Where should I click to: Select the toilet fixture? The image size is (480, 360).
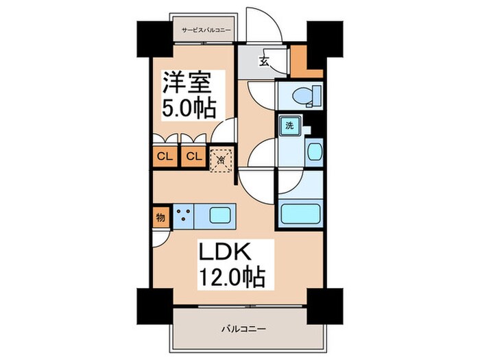point(302,96)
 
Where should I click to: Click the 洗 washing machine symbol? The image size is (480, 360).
point(289,126)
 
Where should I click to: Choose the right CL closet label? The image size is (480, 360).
point(193,156)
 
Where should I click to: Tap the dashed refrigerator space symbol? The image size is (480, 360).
point(221,160)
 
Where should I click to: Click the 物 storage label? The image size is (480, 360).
point(159,218)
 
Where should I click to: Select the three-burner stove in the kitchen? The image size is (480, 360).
point(183,217)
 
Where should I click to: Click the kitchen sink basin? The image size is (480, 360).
point(221,217)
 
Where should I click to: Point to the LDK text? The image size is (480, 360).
point(221,252)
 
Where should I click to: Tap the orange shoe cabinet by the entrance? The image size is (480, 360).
point(299,60)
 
